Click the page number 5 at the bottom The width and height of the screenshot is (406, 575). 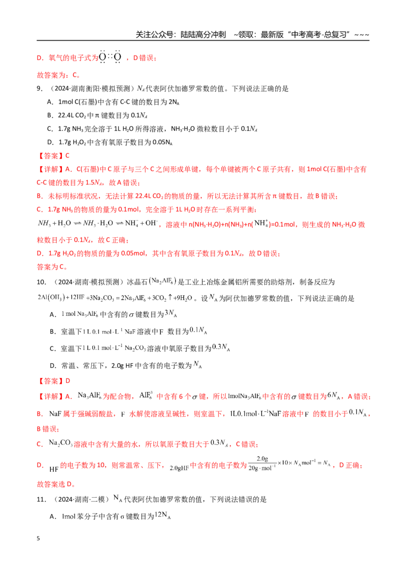[x=38, y=538]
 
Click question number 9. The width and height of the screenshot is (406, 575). [x=40, y=89]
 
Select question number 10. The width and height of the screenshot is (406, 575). [x=42, y=282]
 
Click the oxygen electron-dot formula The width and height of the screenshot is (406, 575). [x=110, y=57]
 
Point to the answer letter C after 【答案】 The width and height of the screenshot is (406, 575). [x=67, y=156]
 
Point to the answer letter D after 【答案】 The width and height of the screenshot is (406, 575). [x=68, y=381]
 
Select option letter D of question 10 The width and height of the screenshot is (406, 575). [x=52, y=366]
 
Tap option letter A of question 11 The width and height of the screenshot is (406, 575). [x=52, y=517]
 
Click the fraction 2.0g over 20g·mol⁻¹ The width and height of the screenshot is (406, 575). [x=262, y=464]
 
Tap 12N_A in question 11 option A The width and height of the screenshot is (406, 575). [x=163, y=515]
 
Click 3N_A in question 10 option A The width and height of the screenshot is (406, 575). [x=171, y=313]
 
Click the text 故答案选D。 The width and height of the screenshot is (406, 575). [x=56, y=485]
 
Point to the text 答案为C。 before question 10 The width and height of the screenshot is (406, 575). [x=52, y=267]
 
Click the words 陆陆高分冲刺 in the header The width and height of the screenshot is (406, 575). [x=204, y=35]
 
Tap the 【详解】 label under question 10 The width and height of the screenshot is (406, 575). [x=51, y=396]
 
